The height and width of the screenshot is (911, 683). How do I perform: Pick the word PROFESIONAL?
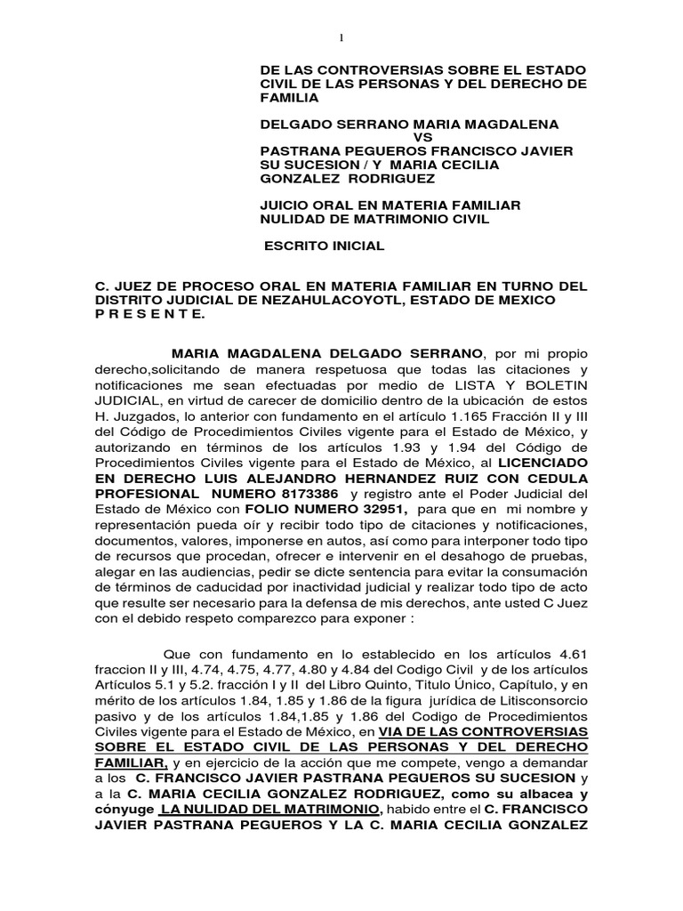click(x=146, y=493)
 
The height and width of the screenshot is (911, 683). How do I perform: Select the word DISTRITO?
click(x=131, y=300)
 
